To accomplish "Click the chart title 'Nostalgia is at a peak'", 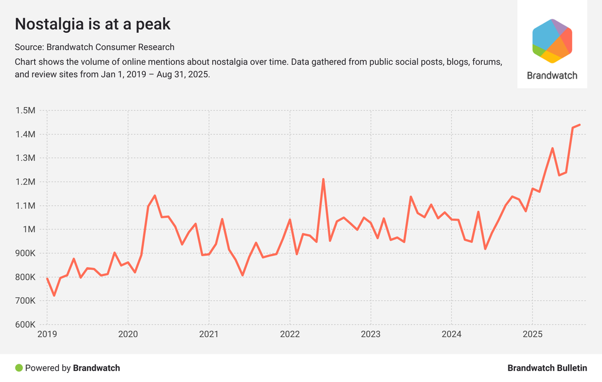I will (x=92, y=24).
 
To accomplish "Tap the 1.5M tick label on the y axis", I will (x=25, y=110).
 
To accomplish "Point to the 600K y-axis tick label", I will (x=25, y=324).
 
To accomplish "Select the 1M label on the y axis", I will (x=29, y=229).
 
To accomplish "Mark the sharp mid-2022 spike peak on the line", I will (x=323, y=179).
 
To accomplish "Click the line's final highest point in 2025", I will (x=580, y=125).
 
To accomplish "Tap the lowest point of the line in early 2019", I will (x=54, y=295).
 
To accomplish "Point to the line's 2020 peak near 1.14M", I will (x=155, y=196).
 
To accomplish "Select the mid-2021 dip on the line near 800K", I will (x=243, y=275).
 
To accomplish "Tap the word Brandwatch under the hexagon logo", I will (x=552, y=75).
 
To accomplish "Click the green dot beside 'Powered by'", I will (x=19, y=368).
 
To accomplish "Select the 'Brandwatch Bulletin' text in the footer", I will (x=547, y=368).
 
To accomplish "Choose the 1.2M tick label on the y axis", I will (x=25, y=182).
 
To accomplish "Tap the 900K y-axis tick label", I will (x=25, y=253).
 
